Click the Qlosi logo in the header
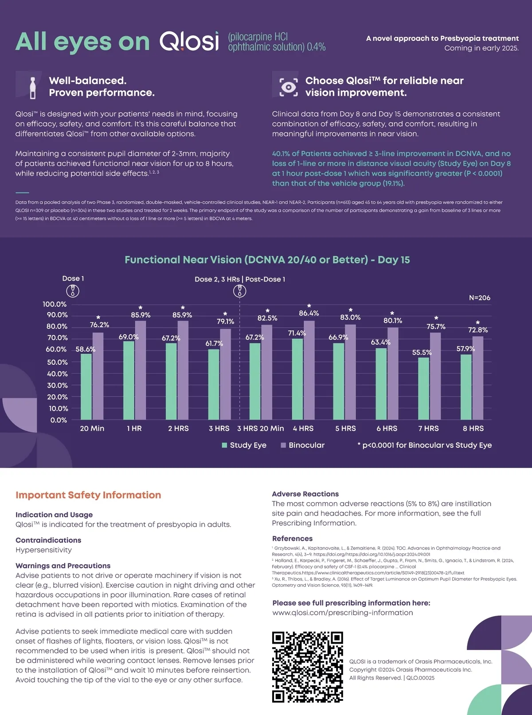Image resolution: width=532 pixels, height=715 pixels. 189,41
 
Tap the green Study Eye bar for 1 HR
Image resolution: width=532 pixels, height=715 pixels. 129,380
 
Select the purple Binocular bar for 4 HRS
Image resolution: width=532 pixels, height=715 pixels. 309,370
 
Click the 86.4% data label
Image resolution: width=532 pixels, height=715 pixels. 309,313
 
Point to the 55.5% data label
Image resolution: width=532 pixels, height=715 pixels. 422,352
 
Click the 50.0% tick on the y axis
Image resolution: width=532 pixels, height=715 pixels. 58,362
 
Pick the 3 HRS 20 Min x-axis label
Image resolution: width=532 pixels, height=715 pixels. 260,428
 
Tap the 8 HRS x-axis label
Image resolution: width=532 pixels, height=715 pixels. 473,428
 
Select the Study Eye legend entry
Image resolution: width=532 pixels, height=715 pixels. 244,445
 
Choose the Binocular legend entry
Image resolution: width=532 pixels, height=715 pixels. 303,445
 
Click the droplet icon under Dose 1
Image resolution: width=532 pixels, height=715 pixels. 73,291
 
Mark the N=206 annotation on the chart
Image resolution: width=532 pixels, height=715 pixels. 480,298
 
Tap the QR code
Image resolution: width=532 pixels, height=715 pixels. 307,667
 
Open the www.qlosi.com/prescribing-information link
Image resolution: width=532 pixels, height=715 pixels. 342,613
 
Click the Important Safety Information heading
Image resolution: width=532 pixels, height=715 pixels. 88,495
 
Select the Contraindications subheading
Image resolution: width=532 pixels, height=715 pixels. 48,540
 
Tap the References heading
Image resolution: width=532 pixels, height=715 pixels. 292,539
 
